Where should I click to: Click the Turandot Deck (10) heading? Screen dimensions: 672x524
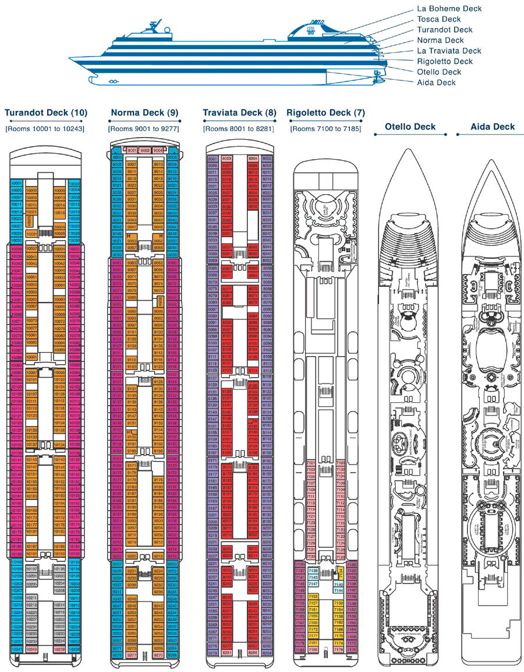45,112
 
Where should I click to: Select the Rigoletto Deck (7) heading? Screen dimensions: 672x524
326,112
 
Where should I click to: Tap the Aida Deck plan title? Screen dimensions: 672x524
493,126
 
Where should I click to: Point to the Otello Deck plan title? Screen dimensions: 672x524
410,126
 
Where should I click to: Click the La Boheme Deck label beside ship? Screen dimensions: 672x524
449,9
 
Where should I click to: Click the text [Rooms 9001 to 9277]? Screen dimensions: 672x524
143,128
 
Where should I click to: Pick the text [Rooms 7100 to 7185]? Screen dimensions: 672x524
325,128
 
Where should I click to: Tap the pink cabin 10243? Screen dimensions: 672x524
32,649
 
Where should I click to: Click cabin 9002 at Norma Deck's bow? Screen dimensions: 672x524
145,150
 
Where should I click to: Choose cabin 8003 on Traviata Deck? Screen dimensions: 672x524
226,158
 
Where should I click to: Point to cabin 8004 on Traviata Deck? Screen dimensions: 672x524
253,158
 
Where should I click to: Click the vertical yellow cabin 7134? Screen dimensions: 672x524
340,572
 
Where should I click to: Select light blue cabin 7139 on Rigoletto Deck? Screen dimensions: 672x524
313,570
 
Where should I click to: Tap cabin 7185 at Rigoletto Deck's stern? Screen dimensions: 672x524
313,649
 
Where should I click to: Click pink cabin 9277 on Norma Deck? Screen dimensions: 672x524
132,655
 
